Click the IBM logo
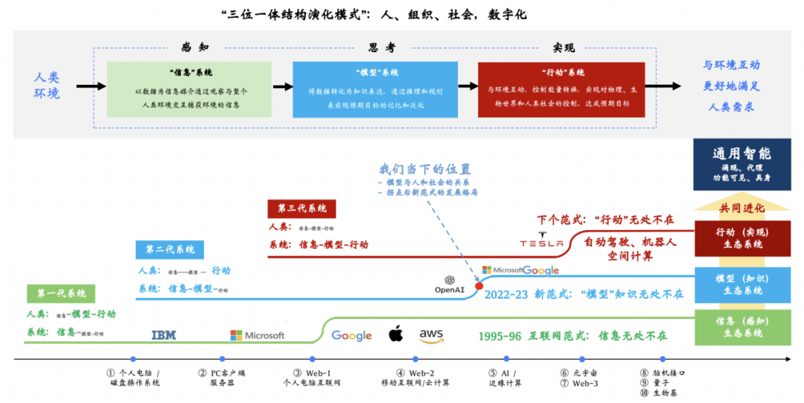pos(164,335)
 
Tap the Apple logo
pos(395,334)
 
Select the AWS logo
pos(431,335)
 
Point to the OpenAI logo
pos(450,284)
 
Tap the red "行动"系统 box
pos(561,89)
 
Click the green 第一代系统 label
pos(61,293)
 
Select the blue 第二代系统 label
pos(170,249)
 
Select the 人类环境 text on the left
pos(47,85)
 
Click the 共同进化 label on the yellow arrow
pos(741,207)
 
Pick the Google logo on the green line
pos(351,336)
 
